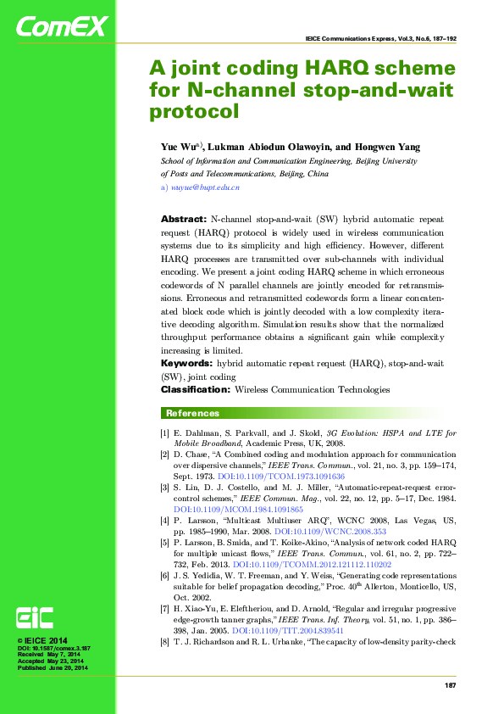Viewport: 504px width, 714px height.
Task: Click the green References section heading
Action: [192, 413]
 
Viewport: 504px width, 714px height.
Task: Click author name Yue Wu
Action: [178, 147]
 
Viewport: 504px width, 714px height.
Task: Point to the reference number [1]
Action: [165, 433]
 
